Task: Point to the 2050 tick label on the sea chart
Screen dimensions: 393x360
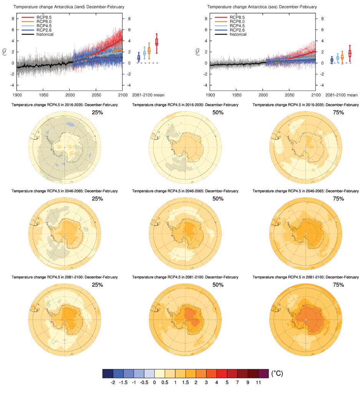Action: point(289,94)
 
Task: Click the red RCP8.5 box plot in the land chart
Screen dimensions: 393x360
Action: point(157,42)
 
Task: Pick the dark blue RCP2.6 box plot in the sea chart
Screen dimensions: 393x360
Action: point(332,60)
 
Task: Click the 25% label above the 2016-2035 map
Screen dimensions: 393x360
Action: point(97,113)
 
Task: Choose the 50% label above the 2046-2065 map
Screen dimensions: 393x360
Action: point(218,198)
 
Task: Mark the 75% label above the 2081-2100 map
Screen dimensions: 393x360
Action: point(338,285)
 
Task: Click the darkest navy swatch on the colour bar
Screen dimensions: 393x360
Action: point(108,373)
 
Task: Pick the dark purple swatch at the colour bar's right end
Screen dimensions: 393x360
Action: point(263,373)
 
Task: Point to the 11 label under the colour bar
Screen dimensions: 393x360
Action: point(258,383)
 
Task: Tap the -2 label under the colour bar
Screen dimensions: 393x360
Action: point(113,383)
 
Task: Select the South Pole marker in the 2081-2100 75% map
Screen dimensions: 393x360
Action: point(305,319)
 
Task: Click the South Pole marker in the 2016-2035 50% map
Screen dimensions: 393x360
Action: point(185,147)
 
